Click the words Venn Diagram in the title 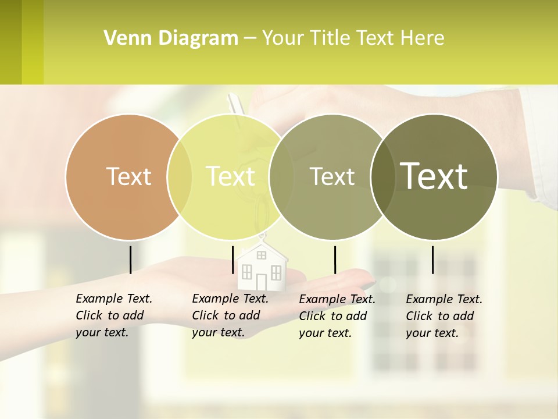pos(171,38)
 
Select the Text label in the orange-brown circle pos(128,176)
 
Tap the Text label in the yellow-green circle pos(231,176)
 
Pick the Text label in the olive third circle pos(332,176)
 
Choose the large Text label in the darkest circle pos(434,176)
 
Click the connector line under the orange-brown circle pos(130,260)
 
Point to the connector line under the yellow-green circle pos(233,260)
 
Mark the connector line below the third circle pos(335,260)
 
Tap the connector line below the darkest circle pos(432,260)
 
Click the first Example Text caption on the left pos(113,315)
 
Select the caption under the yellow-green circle pos(230,315)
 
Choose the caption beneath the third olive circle pos(337,316)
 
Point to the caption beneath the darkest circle pos(443,316)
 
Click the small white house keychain pos(262,265)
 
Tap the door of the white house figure pos(261,282)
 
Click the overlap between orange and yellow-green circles pos(180,176)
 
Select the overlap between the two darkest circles pos(382,176)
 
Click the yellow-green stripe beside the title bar pos(33,42)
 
